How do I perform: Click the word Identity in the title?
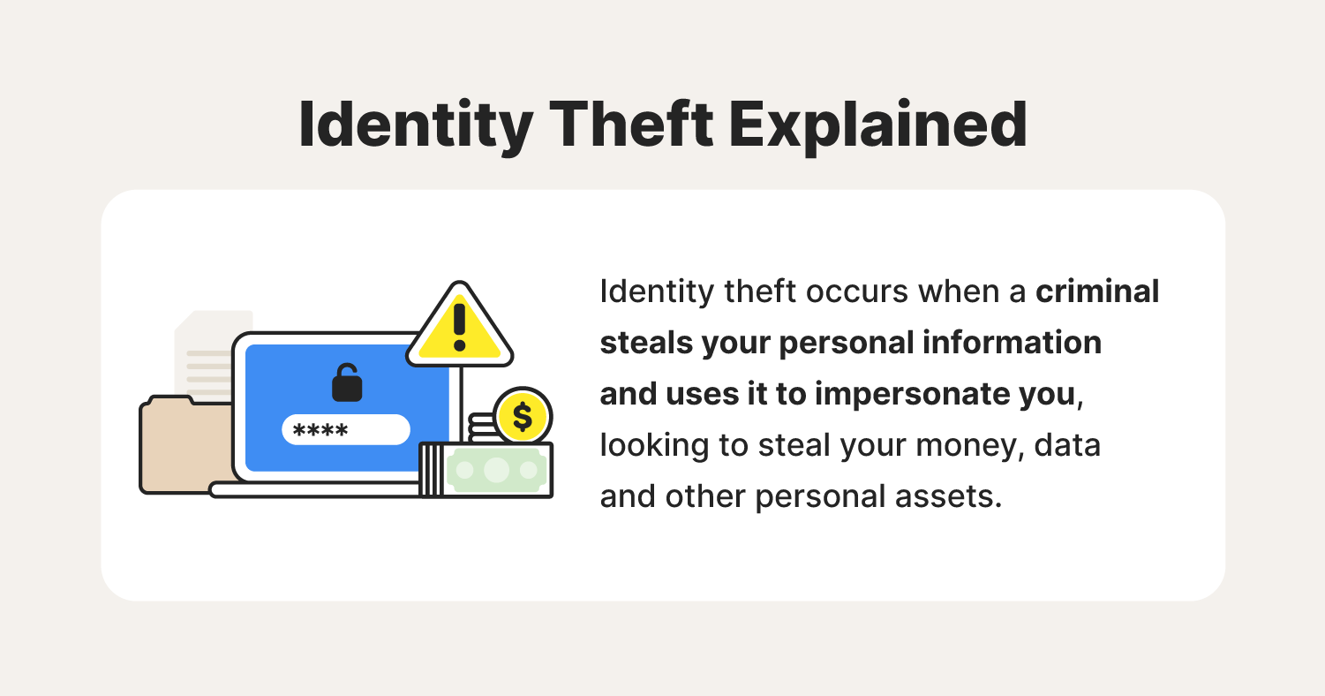[416, 125]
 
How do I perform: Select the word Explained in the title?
[878, 126]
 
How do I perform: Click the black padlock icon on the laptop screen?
[347, 382]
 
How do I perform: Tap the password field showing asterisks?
[346, 429]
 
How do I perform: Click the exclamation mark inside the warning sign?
[460, 328]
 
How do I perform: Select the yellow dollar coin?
[523, 417]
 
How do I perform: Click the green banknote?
[496, 470]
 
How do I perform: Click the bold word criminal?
[1097, 291]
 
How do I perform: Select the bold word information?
[1013, 343]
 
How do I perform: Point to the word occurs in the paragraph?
[857, 292]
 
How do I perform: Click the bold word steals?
[646, 343]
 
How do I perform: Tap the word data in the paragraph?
[1067, 445]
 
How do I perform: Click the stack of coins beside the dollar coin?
[482, 427]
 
